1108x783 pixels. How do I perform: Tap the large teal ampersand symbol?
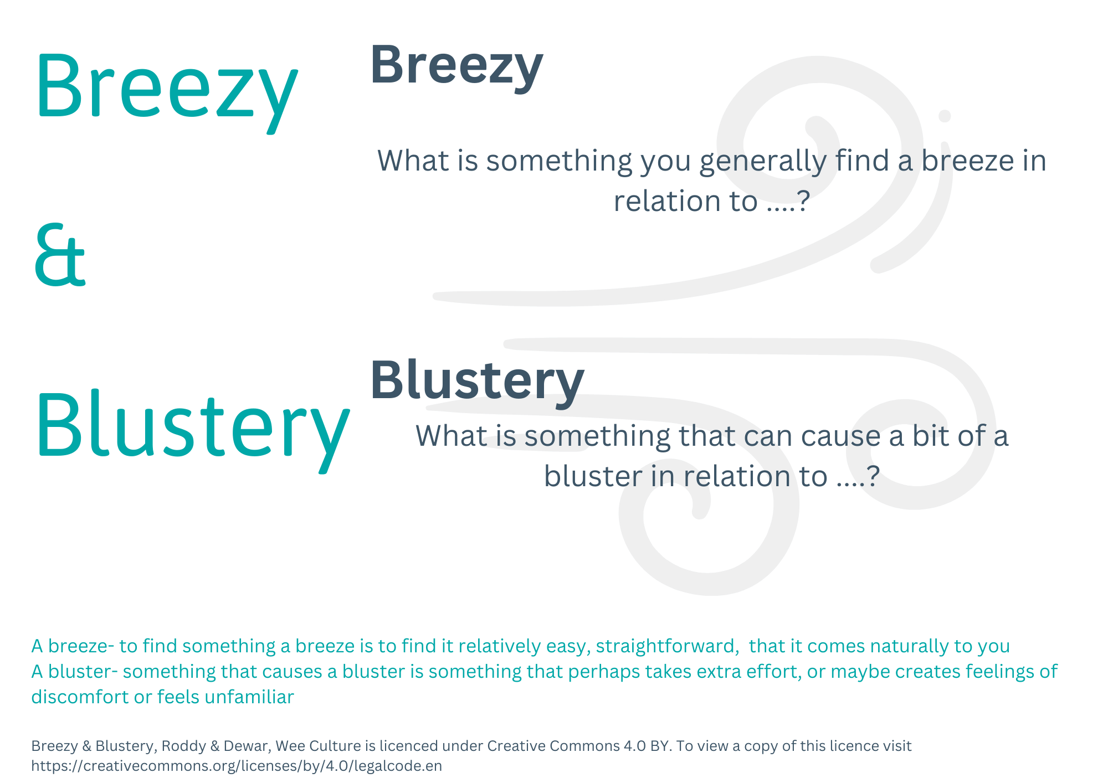coord(60,255)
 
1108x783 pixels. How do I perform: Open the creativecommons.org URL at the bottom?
coord(237,766)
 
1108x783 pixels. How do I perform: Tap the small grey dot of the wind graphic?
coord(945,116)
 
